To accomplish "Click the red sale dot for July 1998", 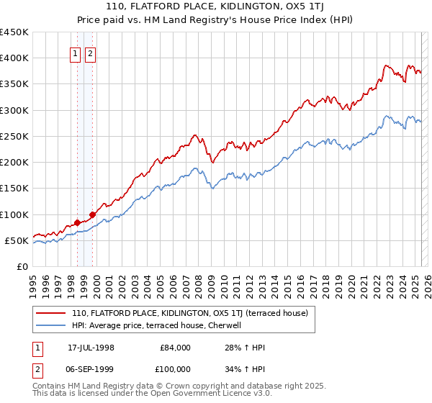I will click(x=77, y=222).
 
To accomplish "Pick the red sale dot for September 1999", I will click(x=92, y=214).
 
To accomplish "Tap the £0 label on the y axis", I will click(x=22, y=266).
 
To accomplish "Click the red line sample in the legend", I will click(x=51, y=313).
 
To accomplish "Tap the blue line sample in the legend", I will click(x=51, y=325).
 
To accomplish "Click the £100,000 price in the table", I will click(x=176, y=370).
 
